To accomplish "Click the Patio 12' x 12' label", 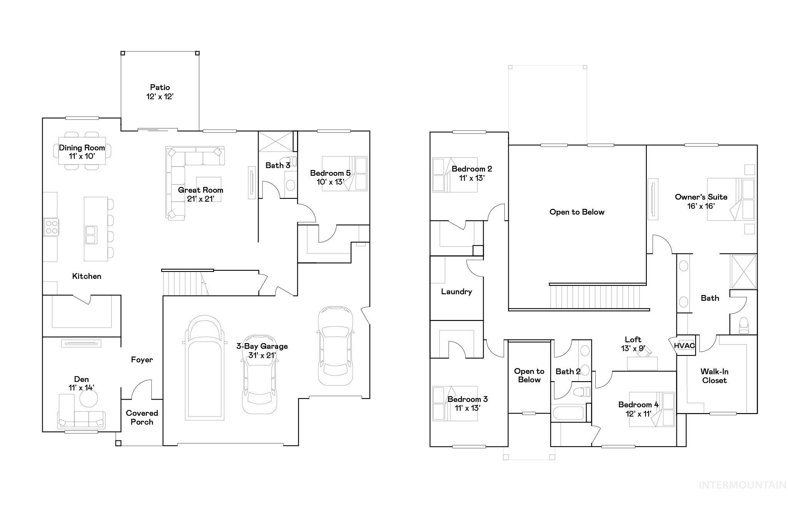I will click(160, 92).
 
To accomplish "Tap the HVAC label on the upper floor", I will click(684, 345).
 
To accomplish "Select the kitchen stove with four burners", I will click(51, 227).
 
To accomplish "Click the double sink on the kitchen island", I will click(91, 235).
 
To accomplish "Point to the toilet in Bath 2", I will click(581, 392).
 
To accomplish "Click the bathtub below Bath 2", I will click(568, 413).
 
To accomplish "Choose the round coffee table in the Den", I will click(88, 398).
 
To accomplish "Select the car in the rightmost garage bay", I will click(335, 346).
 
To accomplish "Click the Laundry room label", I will click(456, 292).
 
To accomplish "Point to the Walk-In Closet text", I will click(714, 376).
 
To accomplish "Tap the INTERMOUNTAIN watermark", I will click(742, 485).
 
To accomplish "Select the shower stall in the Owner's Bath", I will click(743, 272).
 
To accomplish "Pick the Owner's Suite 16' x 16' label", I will click(701, 201).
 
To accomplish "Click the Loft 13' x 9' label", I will click(633, 344).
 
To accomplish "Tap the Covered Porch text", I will click(142, 417).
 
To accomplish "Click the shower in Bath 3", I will click(275, 141).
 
